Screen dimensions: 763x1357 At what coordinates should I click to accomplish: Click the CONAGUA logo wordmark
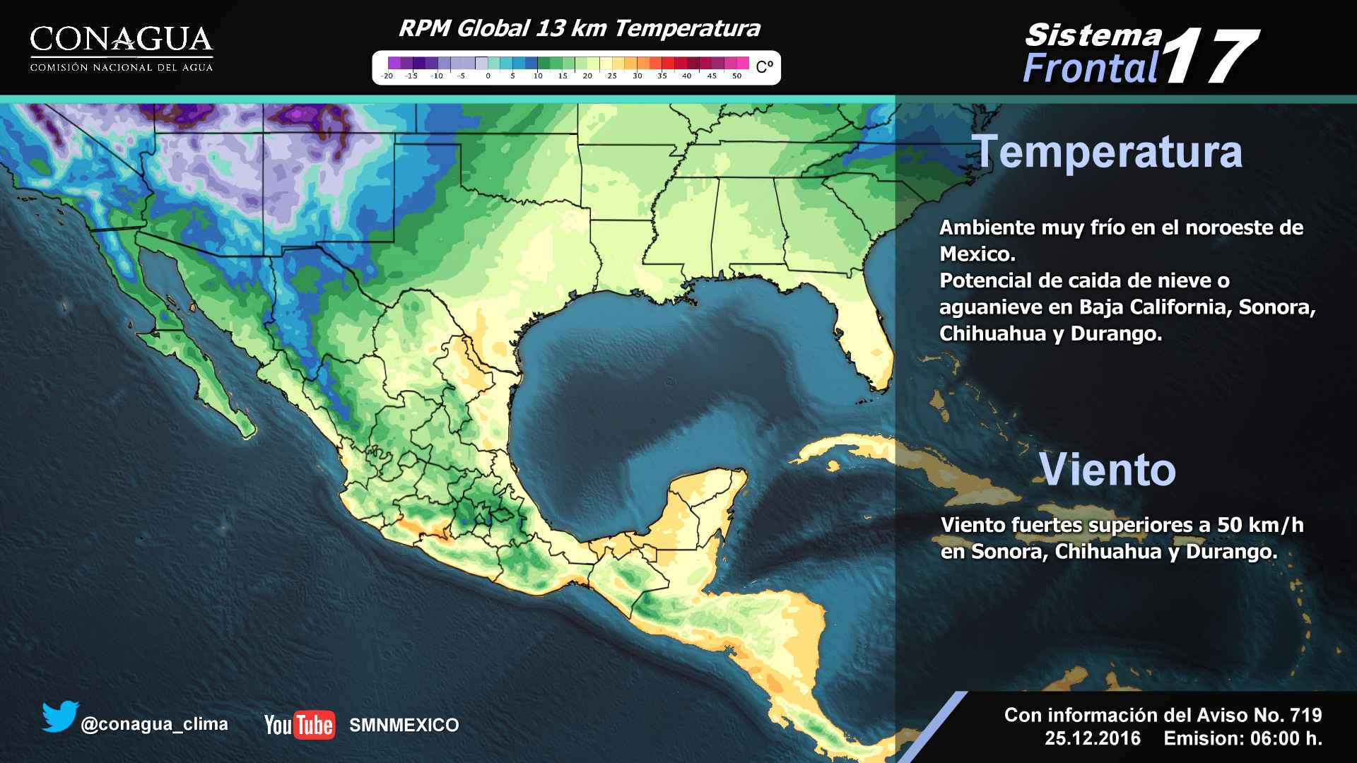[x=121, y=40]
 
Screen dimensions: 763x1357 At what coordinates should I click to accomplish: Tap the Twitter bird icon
[x=59, y=716]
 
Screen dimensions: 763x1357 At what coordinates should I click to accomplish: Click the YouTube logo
[x=299, y=725]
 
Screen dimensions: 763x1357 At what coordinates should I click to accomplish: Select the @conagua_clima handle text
[x=154, y=724]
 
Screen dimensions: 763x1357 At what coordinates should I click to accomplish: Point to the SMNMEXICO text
[x=404, y=725]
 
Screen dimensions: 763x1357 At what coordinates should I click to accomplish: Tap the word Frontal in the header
[x=1090, y=69]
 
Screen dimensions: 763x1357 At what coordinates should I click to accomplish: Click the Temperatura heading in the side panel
[x=1108, y=152]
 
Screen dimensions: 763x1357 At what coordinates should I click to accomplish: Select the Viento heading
[x=1107, y=469]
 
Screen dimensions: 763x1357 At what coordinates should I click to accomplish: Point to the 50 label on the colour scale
[x=736, y=76]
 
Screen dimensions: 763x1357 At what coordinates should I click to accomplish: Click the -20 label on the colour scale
[x=387, y=76]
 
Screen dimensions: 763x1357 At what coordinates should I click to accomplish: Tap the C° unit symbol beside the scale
[x=765, y=67]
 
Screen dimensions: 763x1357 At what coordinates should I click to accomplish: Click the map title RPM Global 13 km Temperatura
[x=579, y=28]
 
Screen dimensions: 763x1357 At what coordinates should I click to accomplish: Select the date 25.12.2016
[x=1093, y=738]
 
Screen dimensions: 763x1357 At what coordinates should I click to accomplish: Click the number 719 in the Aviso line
[x=1305, y=715]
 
